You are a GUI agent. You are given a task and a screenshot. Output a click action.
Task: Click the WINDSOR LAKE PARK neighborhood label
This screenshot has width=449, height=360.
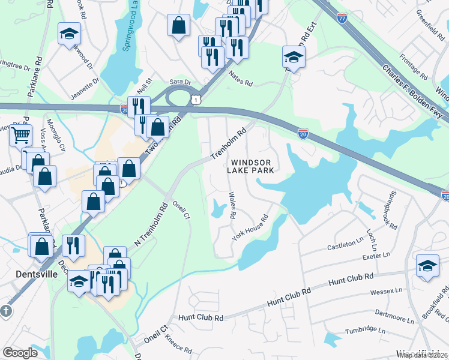pos(252,166)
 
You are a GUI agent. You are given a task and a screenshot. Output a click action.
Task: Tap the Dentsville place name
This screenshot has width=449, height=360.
pos(35,274)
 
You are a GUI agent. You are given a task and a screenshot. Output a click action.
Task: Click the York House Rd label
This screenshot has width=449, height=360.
pos(249,228)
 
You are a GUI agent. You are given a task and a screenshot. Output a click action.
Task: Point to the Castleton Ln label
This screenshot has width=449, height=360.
pos(345,246)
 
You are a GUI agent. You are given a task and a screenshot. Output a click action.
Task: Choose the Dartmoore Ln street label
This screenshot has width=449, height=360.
pos(393,313)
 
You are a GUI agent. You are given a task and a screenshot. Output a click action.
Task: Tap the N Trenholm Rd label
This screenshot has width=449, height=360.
pos(146,227)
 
